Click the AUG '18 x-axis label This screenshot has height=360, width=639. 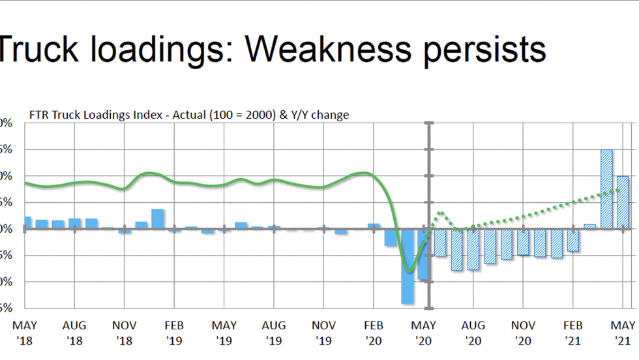pyautogui.click(x=74, y=332)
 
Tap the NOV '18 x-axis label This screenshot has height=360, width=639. pyautogui.click(x=124, y=332)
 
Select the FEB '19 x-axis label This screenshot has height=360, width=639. pyautogui.click(x=173, y=332)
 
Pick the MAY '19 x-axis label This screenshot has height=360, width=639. pyautogui.click(x=224, y=332)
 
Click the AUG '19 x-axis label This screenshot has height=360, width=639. pyautogui.click(x=274, y=332)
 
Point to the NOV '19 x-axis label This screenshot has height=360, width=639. pyautogui.click(x=323, y=332)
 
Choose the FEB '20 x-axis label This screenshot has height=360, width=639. pyautogui.click(x=374, y=332)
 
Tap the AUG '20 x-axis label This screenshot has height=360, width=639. pyautogui.click(x=473, y=332)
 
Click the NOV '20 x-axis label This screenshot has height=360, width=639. pyautogui.click(x=523, y=332)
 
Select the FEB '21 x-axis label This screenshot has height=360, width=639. pyautogui.click(x=573, y=332)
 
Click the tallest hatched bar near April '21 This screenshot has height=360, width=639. pyautogui.click(x=606, y=189)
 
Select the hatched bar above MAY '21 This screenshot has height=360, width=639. pyautogui.click(x=623, y=202)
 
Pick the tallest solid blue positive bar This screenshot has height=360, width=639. pyautogui.click(x=157, y=219)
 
